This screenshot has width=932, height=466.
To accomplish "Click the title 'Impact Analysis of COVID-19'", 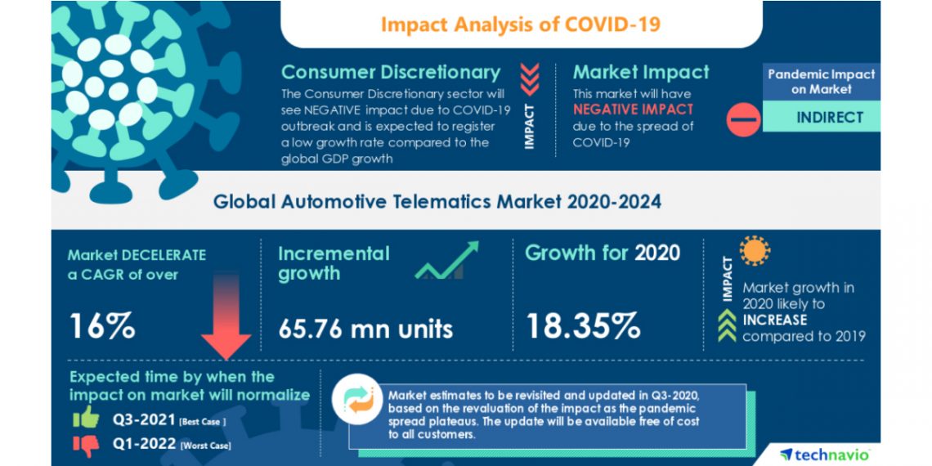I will click(520, 24).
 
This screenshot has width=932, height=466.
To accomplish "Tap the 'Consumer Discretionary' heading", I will click(391, 72).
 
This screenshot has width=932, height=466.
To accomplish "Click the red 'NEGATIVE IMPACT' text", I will click(633, 109).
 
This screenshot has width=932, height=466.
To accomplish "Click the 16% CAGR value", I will click(101, 325).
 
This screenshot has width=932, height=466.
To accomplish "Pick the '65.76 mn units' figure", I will click(365, 328).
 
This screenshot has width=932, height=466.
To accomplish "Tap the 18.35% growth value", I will click(582, 325).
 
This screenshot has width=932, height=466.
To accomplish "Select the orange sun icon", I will click(755, 250).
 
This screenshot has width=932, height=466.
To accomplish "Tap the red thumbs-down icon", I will click(85, 444).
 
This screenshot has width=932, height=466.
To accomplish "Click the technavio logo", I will click(824, 454).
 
